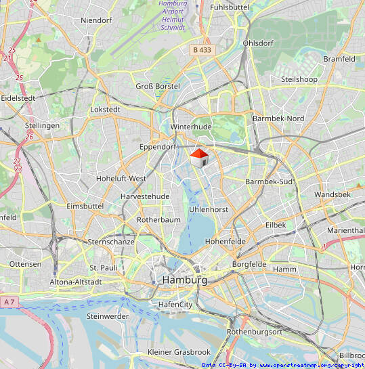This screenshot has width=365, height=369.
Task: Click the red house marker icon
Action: [198, 158]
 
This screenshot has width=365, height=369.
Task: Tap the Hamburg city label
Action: [184, 280]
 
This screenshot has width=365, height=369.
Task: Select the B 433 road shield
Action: [202, 49]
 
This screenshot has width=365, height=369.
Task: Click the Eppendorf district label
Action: [157, 147]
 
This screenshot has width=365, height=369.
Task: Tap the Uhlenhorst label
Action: [209, 210]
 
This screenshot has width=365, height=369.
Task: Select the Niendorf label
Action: [95, 20]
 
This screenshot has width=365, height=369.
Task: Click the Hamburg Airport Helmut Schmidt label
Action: [173, 16]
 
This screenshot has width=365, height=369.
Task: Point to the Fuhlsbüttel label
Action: [230, 7]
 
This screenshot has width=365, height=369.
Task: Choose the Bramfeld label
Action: [339, 59]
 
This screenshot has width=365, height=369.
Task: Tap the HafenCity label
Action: [175, 305]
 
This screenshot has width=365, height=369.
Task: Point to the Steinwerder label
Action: [108, 316]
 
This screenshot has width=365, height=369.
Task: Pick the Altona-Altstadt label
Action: [76, 282]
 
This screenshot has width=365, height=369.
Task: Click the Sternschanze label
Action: [112, 241]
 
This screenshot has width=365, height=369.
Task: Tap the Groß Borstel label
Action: [158, 86]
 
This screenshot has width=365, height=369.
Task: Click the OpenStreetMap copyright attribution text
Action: [282, 365]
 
